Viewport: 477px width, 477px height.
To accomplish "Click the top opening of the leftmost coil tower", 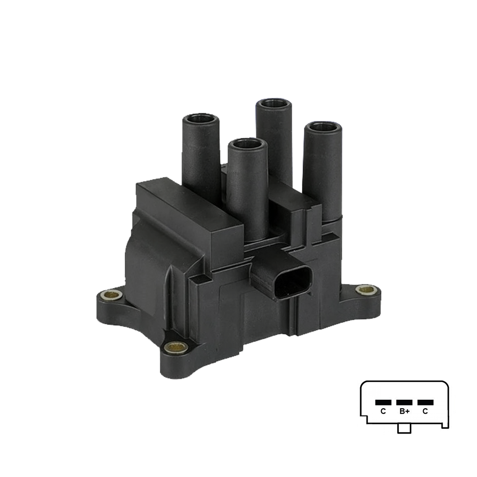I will coord(201,118).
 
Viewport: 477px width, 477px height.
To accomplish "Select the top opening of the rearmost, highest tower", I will coord(274,104).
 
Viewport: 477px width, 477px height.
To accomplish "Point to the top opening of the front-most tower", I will coord(247,145).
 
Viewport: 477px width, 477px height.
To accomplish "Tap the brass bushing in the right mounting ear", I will coord(365,289).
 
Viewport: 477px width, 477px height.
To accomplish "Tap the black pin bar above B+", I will coord(404,402).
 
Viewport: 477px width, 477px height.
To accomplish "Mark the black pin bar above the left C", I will coord(383,402).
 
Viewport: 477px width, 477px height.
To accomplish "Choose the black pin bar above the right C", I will coord(425,402).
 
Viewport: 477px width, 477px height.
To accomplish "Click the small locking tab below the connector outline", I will coord(404,429).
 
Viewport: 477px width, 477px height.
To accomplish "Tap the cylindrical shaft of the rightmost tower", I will coord(323,172).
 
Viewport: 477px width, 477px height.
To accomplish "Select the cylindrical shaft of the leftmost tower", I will coord(201,157).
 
